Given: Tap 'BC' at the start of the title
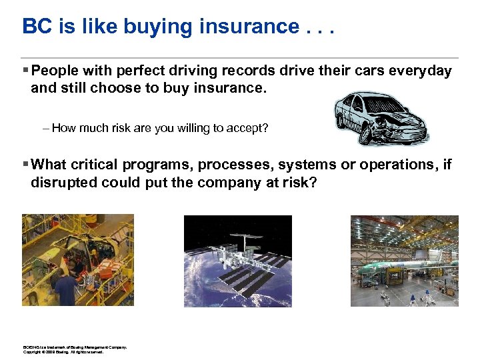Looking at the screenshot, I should (35, 27).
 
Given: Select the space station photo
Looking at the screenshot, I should (237, 261).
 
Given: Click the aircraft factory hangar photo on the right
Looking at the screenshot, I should (405, 261).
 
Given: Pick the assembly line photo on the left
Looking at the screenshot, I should (77, 260).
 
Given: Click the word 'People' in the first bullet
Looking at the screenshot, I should (56, 71).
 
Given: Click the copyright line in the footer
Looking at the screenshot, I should (63, 351).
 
